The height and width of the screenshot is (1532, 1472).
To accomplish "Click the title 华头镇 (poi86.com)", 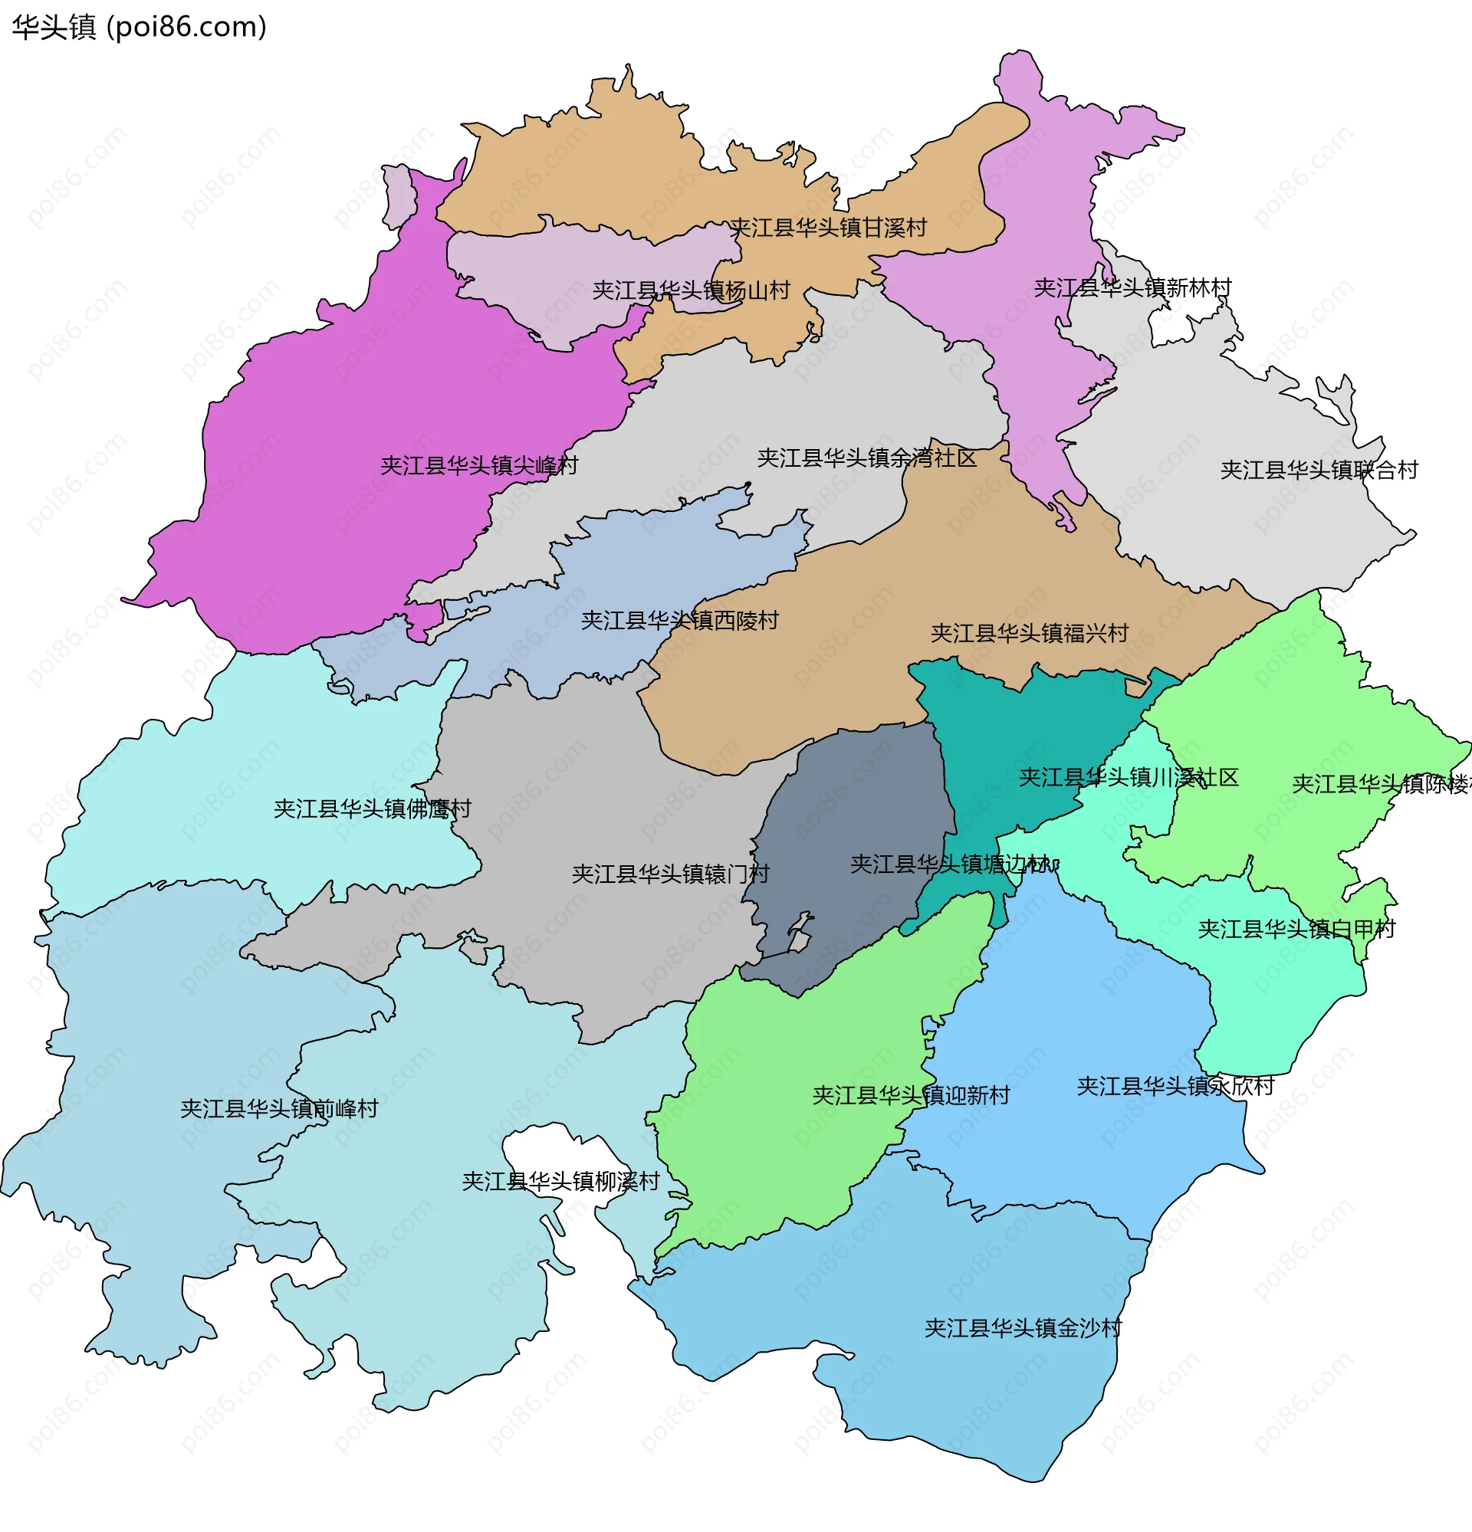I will (139, 28).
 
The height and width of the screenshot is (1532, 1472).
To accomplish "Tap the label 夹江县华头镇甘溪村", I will (827, 228).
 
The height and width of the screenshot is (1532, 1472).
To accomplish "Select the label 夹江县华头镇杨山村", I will (691, 290).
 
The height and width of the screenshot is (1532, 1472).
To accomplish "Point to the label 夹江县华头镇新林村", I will (1132, 287).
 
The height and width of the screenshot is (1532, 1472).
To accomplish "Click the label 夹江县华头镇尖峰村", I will (478, 466).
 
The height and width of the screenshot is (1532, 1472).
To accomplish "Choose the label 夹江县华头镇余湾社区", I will (866, 458).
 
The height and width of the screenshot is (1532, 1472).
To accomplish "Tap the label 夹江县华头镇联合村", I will (1319, 470).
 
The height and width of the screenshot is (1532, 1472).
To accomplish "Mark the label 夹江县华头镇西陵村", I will (679, 621).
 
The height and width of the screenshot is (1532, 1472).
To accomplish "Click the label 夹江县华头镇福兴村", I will (1029, 633).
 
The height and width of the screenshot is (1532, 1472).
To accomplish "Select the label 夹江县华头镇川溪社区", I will (1128, 778).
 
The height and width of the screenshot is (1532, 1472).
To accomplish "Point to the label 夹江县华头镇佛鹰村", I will (372, 809).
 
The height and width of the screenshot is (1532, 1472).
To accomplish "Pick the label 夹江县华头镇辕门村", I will (670, 874).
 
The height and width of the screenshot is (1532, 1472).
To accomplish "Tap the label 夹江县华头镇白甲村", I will (1296, 930).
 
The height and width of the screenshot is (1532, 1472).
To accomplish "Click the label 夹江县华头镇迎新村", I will (911, 1095).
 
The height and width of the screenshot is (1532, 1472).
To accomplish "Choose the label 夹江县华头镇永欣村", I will (1175, 1087).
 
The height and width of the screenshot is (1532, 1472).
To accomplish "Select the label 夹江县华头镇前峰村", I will (279, 1109).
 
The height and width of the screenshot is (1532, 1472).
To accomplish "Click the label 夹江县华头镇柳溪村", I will (560, 1181).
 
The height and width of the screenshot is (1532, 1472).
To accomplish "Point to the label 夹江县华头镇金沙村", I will (1023, 1328).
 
